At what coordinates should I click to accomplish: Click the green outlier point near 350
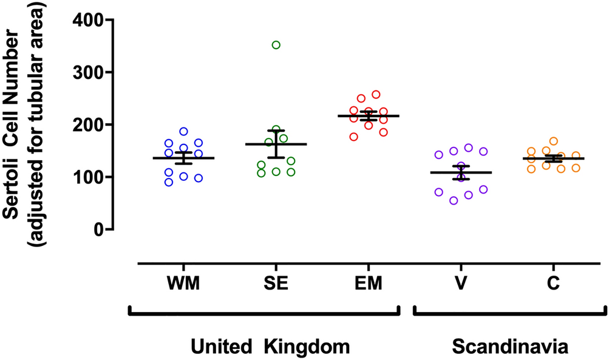click(276, 45)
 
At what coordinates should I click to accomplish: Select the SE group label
click(276, 284)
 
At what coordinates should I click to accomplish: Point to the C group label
click(554, 284)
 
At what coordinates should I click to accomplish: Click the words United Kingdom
click(271, 347)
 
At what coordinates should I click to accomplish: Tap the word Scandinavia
click(510, 347)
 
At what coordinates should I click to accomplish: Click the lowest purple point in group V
click(454, 201)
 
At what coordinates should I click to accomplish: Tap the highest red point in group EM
click(376, 95)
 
